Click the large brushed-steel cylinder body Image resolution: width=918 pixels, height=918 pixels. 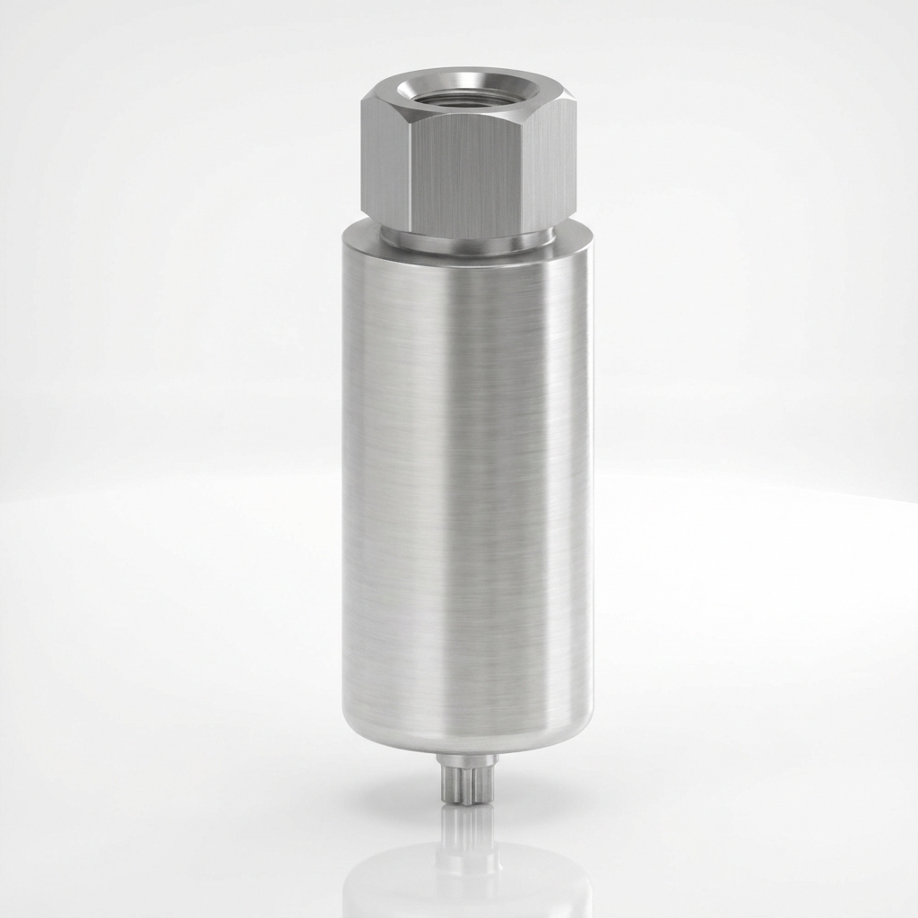(403, 493)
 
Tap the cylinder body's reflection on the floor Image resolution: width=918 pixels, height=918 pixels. (465, 883)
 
